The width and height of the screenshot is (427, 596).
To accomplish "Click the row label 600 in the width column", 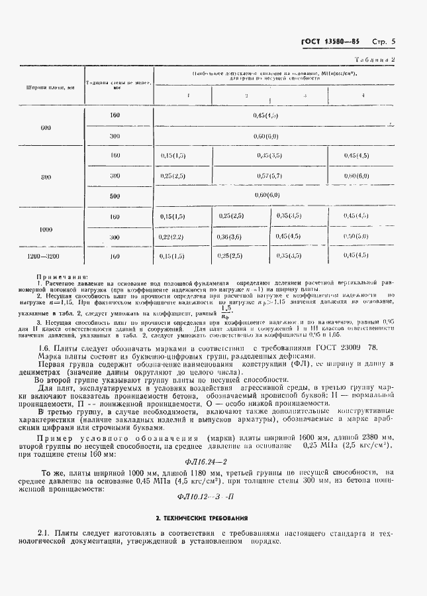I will click(x=45, y=126).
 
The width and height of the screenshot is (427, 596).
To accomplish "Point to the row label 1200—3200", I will click(x=45, y=255).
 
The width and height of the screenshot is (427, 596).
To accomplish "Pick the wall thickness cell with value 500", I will click(x=115, y=196).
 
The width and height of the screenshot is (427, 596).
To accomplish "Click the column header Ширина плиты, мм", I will click(x=45, y=86).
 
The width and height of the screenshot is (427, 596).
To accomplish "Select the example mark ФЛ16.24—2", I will click(x=214, y=461).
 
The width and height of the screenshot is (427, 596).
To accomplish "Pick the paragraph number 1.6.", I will click(x=44, y=346).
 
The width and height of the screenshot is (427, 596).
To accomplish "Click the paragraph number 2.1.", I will click(x=44, y=533).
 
